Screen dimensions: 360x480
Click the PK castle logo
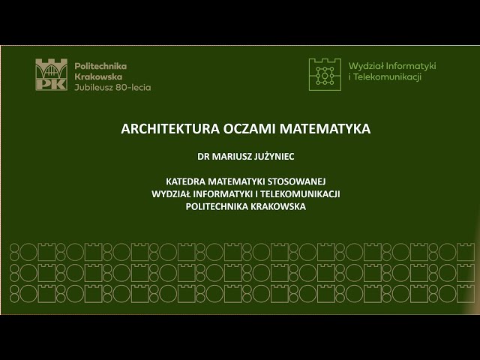click(x=51, y=76)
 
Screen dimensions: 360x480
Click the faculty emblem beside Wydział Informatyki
click(x=324, y=72)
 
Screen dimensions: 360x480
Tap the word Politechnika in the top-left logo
click(x=100, y=66)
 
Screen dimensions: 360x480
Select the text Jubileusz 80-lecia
click(x=112, y=87)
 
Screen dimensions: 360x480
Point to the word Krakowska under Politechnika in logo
click(x=98, y=76)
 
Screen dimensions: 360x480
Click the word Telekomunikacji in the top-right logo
click(x=388, y=77)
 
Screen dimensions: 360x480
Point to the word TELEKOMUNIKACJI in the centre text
click(x=301, y=193)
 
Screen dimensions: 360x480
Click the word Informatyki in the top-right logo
click(x=409, y=66)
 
